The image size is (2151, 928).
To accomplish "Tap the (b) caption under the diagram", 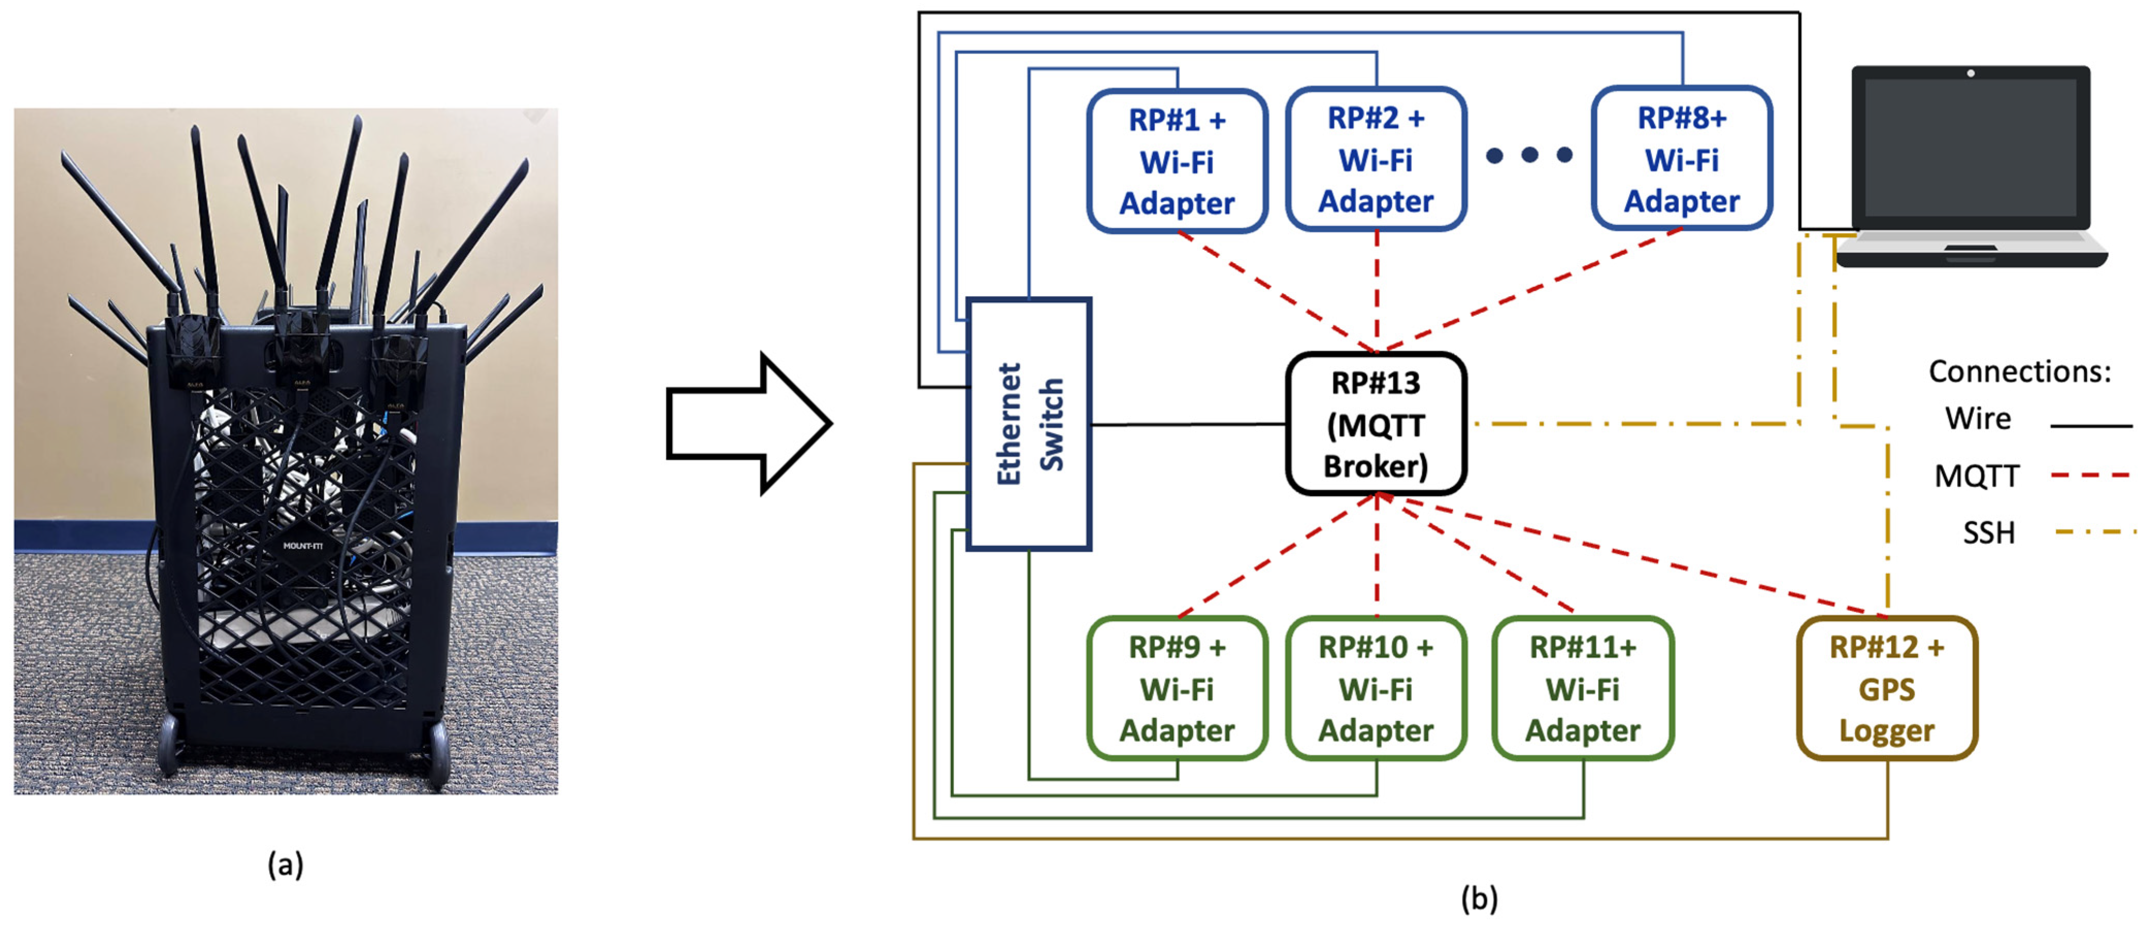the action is (x=1479, y=898).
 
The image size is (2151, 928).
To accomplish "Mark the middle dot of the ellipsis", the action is (x=1530, y=154).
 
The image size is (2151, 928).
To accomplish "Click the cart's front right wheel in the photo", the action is (x=438, y=755).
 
